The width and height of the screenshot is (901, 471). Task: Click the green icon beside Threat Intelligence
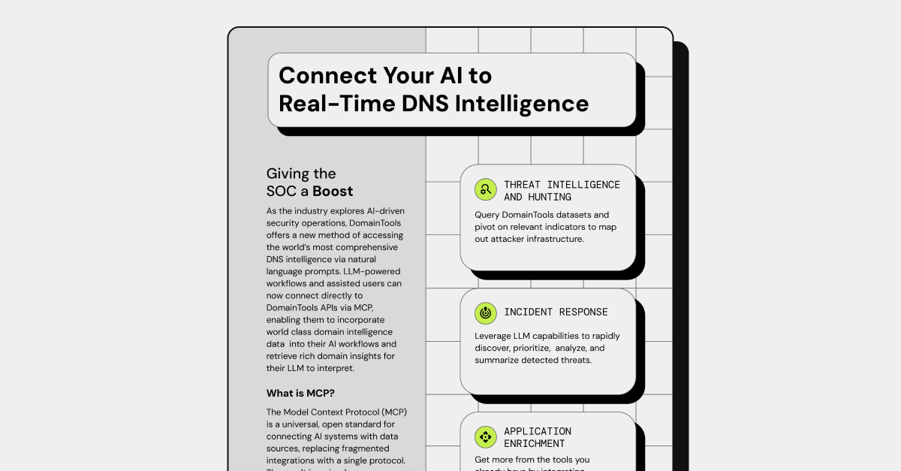coord(486,190)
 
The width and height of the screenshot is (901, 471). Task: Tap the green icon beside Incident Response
coord(486,312)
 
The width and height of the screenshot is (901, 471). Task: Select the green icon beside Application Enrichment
coord(486,437)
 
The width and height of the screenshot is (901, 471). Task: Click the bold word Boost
coord(333,191)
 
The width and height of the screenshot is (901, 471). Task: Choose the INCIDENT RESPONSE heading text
coord(556,312)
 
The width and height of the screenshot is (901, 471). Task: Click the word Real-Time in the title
coord(331,103)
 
